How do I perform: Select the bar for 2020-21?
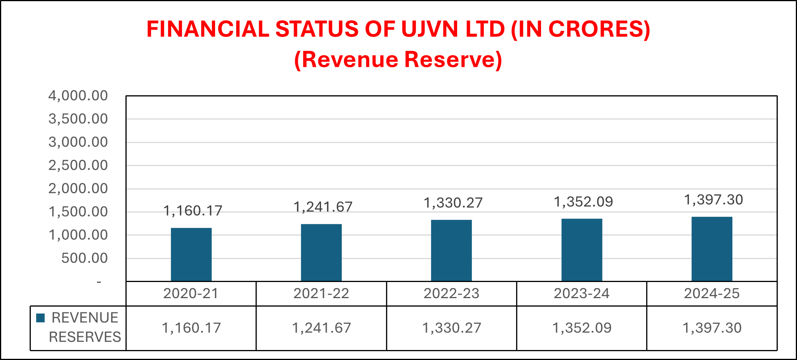click(191, 254)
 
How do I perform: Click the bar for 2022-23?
click(451, 251)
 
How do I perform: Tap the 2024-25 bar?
click(712, 249)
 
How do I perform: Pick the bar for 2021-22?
click(321, 252)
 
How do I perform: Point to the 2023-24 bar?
click(581, 250)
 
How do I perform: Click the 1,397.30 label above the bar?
click(713, 200)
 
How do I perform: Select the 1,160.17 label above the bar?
click(193, 211)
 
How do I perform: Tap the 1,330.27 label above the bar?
click(453, 203)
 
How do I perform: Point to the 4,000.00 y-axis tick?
click(78, 96)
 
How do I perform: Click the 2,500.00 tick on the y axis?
click(78, 166)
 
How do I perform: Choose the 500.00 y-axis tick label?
click(85, 258)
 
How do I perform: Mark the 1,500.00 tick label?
click(78, 212)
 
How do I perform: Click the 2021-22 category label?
click(321, 294)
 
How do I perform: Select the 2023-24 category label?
click(581, 294)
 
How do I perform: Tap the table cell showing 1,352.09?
click(581, 328)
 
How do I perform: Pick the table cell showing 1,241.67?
click(321, 328)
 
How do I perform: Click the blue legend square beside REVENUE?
click(40, 318)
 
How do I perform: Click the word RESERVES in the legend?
click(85, 337)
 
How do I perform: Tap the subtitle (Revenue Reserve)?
click(398, 60)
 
